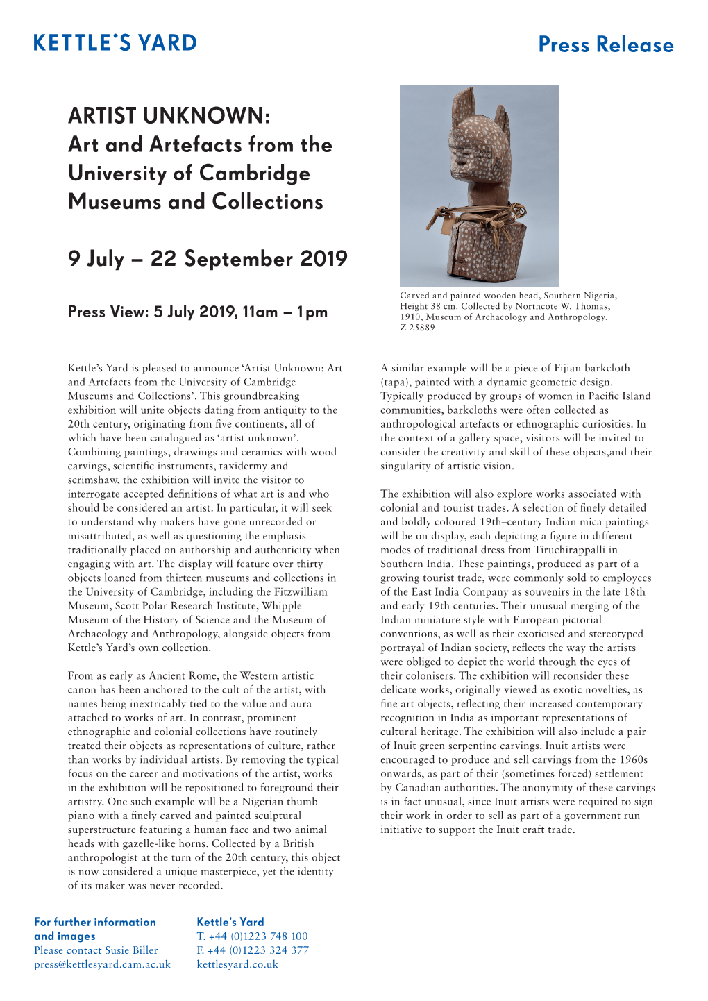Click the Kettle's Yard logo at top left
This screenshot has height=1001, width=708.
(115, 43)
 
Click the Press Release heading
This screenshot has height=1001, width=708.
(605, 45)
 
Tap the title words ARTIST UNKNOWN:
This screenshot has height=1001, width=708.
(169, 116)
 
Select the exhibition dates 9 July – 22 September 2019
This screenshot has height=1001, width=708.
(208, 259)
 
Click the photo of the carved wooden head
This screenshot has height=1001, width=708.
(479, 186)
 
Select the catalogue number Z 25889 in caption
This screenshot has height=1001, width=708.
(417, 328)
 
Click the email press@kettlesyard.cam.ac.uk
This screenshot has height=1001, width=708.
(102, 964)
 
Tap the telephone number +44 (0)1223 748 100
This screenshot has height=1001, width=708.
(258, 936)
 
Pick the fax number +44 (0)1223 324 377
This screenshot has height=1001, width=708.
(258, 950)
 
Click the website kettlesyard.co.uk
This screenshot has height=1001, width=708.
(237, 964)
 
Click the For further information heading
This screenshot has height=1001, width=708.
(95, 922)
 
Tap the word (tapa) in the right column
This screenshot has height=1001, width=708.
(394, 382)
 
